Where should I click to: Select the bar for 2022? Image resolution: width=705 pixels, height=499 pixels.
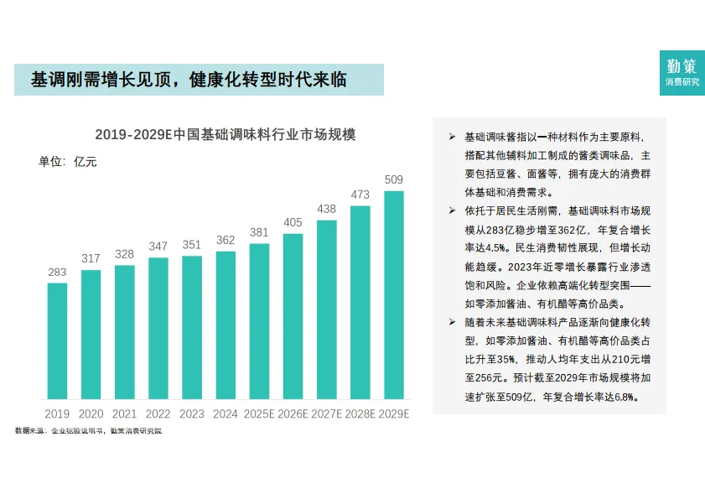(158, 328)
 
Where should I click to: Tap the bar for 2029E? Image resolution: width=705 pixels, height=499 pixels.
(393, 294)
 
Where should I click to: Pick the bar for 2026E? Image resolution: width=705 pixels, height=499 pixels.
(293, 316)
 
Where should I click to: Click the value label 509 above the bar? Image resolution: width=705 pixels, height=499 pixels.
(393, 179)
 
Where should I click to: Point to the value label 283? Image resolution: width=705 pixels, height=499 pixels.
(57, 272)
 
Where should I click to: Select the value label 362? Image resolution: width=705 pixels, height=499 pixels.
(225, 240)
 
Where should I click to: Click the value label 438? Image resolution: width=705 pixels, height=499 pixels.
(326, 209)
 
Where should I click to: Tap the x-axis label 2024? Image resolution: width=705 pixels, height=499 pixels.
(225, 413)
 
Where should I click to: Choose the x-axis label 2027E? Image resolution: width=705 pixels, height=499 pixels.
(326, 413)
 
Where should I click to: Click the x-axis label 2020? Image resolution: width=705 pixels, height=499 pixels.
(91, 413)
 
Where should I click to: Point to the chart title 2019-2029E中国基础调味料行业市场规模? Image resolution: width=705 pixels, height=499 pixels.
(225, 134)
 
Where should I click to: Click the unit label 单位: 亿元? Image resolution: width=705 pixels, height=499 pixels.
(68, 162)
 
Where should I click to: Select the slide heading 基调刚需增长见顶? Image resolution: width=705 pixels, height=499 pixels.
(189, 80)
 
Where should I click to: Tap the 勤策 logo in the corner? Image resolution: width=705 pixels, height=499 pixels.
(682, 73)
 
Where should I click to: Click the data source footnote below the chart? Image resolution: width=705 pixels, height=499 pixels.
(88, 430)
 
